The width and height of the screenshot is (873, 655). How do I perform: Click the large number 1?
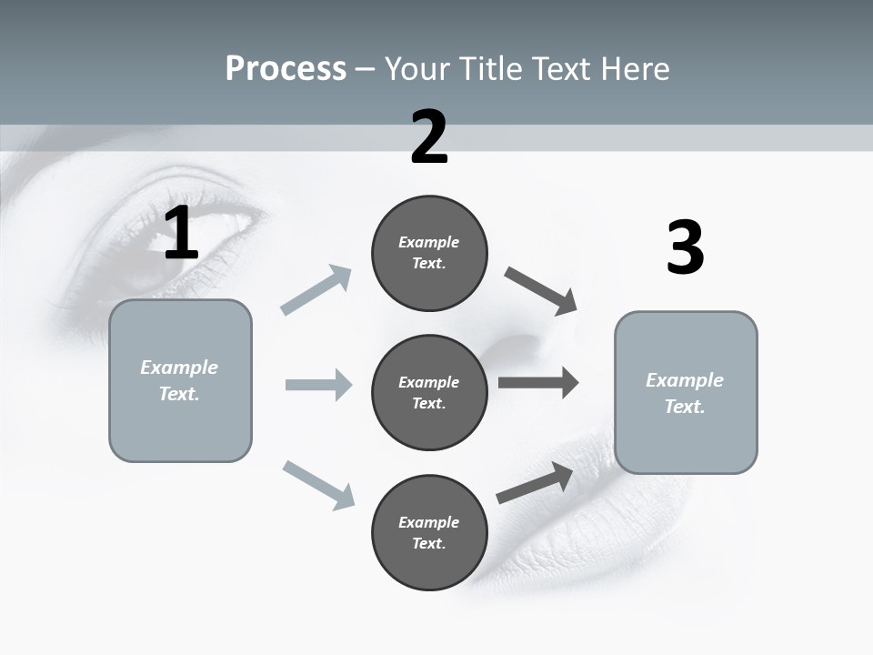point(182,234)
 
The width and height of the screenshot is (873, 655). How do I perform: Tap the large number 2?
point(429,137)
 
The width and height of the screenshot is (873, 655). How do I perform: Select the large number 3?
point(685,248)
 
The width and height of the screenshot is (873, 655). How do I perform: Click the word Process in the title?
point(286,68)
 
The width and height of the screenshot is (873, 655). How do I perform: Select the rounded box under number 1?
point(180,380)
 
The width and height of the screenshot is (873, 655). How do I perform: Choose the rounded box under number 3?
point(686,392)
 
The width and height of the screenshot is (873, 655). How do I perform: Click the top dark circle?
point(429,253)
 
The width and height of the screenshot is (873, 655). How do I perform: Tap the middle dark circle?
point(429,392)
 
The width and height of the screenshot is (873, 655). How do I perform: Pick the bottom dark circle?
point(429,532)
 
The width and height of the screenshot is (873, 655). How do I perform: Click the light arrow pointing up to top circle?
point(316,290)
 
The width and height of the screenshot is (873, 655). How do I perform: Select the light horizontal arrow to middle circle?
point(318,385)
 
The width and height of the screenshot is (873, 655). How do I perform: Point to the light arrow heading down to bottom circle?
point(318,485)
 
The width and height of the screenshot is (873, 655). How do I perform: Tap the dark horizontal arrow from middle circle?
point(538,383)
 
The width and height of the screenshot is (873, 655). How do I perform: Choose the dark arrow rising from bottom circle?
point(535,483)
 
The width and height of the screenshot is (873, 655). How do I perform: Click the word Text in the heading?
point(560,68)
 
